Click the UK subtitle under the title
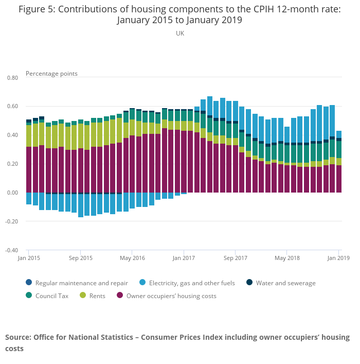tap(179, 33)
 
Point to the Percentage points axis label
tap(51, 74)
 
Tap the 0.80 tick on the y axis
tap(12, 78)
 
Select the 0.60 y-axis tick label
tap(12, 107)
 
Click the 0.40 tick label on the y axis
tap(12, 135)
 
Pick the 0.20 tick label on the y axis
tap(12, 164)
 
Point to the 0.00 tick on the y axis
tap(12, 193)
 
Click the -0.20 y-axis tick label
tap(11, 222)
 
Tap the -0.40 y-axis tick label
tap(11, 251)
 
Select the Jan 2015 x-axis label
tap(29, 258)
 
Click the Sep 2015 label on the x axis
tap(81, 258)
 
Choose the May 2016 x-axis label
tap(132, 258)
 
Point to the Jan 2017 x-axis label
tap(184, 258)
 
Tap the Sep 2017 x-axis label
tap(235, 258)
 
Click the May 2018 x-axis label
tap(287, 258)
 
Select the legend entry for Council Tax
tap(51, 296)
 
